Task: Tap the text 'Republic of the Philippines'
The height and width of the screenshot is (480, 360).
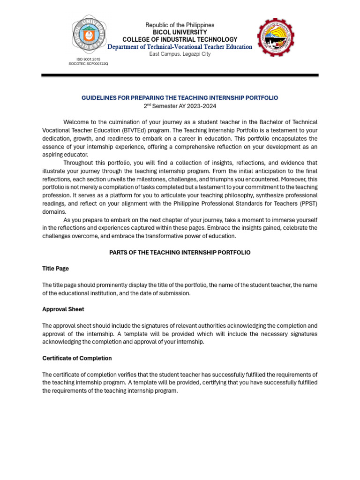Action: (x=180, y=25)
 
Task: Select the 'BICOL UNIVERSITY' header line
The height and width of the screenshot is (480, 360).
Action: (x=180, y=32)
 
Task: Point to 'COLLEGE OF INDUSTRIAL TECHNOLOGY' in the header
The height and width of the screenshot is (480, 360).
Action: (x=180, y=40)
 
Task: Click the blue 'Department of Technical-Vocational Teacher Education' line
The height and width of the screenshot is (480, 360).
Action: (x=180, y=47)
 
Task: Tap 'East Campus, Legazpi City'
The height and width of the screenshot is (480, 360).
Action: (x=180, y=54)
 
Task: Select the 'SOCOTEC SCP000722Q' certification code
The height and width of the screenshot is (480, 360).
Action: (x=88, y=64)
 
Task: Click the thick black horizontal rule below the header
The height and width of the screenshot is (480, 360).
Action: (x=180, y=75)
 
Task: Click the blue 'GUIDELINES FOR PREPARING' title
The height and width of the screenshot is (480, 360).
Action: (x=180, y=98)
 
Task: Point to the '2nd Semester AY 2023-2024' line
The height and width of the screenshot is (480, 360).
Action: (x=180, y=106)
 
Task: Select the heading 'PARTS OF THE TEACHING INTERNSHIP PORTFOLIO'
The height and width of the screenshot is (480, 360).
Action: (x=180, y=253)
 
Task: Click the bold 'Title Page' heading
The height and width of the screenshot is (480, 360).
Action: (x=55, y=269)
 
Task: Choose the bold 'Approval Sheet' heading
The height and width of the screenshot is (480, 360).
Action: (x=63, y=309)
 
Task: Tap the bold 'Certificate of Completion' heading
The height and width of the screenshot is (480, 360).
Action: (x=77, y=358)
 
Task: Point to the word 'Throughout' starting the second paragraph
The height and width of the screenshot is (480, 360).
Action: (x=79, y=163)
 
